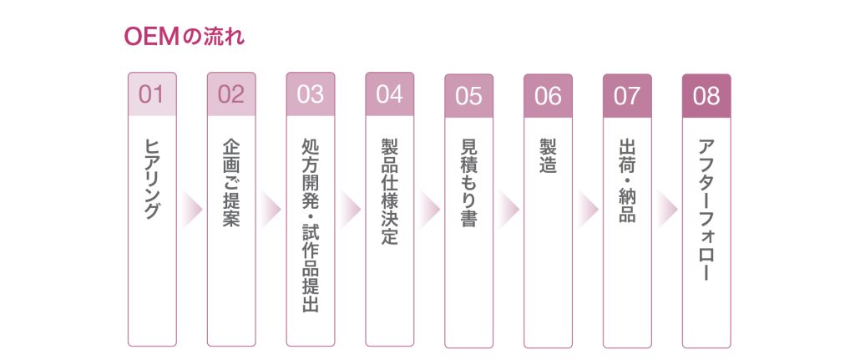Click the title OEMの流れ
click(x=185, y=37)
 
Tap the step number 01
click(x=152, y=94)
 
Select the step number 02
click(x=230, y=94)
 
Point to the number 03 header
click(x=311, y=94)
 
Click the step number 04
click(x=389, y=94)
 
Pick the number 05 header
click(x=469, y=96)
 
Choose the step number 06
click(x=548, y=96)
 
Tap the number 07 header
click(x=627, y=96)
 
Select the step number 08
click(x=706, y=96)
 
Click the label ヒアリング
click(x=152, y=179)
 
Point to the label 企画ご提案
click(x=231, y=182)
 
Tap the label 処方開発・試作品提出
click(x=311, y=225)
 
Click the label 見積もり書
click(x=469, y=183)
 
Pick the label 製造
click(x=548, y=156)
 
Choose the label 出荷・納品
click(x=627, y=180)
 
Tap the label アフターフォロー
click(x=706, y=210)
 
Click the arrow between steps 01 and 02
click(x=192, y=209)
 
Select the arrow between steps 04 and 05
click(x=430, y=209)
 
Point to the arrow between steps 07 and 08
click(x=667, y=209)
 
